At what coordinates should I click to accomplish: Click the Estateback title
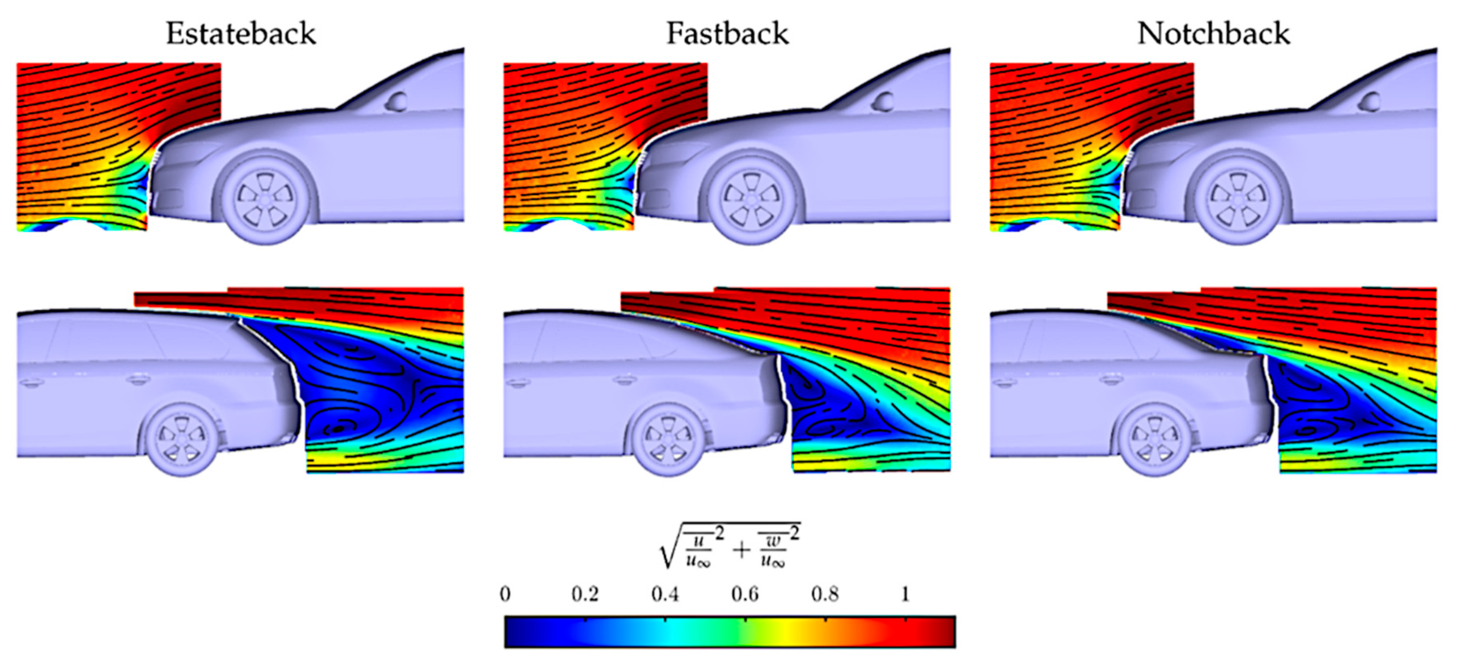pyautogui.click(x=241, y=34)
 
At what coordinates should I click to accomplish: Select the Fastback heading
pyautogui.click(x=727, y=34)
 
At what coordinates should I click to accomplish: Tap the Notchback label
pyautogui.click(x=1213, y=34)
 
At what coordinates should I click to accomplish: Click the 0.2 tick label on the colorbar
pyautogui.click(x=584, y=594)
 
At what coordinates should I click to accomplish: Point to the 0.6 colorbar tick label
pyautogui.click(x=745, y=594)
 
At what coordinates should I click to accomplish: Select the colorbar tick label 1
pyautogui.click(x=905, y=594)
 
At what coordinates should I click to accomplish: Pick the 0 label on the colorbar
pyautogui.click(x=505, y=594)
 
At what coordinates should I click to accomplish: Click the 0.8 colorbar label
pyautogui.click(x=825, y=594)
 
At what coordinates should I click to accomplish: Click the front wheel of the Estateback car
pyautogui.click(x=265, y=199)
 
